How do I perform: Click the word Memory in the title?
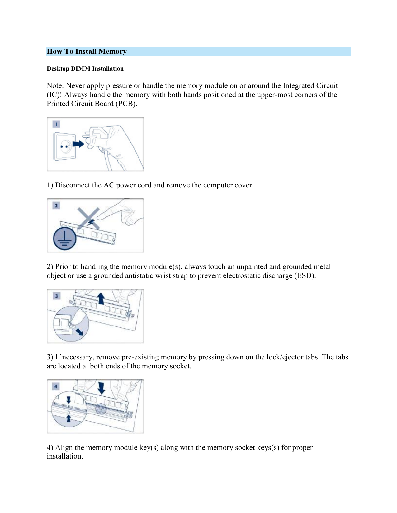pos(112,51)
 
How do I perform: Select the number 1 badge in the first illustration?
pos(56,124)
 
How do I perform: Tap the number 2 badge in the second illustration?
pos(56,206)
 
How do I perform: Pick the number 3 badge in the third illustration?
pos(56,296)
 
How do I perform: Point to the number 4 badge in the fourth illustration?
pos(56,386)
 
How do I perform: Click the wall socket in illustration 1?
pos(65,146)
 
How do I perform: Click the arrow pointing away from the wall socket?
pos(78,144)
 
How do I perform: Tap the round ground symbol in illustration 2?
pos(64,239)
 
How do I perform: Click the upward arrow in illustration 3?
pos(101,298)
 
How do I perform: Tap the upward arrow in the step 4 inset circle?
pos(69,418)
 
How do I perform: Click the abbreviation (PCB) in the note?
pos(126,104)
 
